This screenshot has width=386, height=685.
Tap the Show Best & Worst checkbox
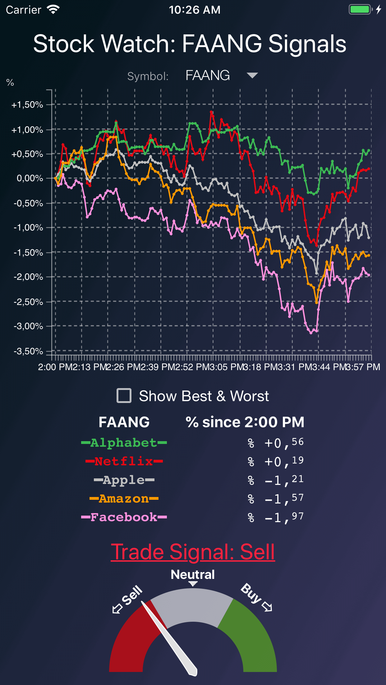click(124, 396)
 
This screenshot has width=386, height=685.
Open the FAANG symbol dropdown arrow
click(252, 75)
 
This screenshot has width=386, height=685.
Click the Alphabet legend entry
click(124, 443)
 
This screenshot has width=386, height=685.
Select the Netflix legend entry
click(124, 461)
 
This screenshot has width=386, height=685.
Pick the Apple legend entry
click(124, 480)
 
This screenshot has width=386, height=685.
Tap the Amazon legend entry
click(124, 499)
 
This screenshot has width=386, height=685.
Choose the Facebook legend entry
click(124, 517)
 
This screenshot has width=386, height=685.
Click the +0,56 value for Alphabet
click(283, 443)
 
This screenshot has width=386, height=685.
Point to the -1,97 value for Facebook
click(283, 517)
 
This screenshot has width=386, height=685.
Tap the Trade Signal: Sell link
click(193, 553)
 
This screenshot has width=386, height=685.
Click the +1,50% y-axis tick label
click(27, 105)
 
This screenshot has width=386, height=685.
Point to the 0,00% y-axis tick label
click(30, 178)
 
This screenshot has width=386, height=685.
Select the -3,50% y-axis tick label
click(28, 351)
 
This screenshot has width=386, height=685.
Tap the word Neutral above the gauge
click(193, 575)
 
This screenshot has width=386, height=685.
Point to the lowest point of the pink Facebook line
click(311, 333)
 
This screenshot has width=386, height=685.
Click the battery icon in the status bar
click(360, 10)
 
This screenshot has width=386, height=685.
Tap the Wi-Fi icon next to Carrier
click(53, 10)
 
